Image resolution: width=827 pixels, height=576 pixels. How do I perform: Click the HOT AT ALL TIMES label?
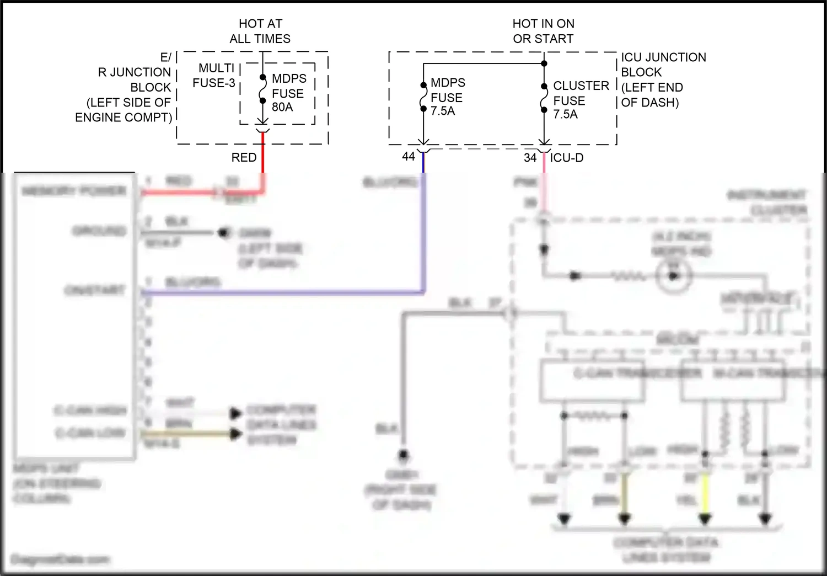260,31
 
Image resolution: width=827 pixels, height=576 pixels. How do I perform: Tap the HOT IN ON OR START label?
543,31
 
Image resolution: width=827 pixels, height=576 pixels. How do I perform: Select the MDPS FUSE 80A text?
288,93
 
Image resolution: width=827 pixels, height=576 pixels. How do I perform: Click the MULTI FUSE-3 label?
215,76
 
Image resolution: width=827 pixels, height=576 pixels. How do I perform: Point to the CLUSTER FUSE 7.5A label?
580,100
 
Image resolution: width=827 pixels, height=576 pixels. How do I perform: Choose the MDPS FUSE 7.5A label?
447,97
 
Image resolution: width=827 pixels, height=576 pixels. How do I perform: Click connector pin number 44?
409,157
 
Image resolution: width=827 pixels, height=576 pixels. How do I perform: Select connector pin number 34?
530,158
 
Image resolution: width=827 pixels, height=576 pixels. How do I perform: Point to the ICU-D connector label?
567,158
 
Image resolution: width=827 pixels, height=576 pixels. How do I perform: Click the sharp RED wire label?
244,158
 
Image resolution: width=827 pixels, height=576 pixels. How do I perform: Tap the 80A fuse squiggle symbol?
263,89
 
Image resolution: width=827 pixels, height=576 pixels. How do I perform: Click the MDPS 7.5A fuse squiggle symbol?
423,97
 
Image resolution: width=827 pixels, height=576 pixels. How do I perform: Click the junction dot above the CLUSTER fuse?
544,63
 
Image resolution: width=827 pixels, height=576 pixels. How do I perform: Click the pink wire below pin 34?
544,188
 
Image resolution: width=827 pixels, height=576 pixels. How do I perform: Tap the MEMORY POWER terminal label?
74,191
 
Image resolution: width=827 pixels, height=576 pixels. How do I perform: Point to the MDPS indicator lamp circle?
673,275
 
